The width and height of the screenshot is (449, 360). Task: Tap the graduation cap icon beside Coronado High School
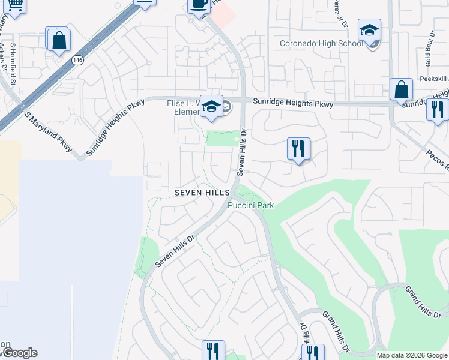coord(369,30)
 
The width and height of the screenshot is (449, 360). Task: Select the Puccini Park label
coord(250,205)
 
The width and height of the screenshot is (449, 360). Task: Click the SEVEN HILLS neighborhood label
coord(202,193)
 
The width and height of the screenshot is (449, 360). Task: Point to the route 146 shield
coord(77,60)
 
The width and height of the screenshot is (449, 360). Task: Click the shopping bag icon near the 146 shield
coord(58,41)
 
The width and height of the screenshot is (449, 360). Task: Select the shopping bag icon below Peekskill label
coord(400,91)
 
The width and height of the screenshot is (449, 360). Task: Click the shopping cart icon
coord(16,5)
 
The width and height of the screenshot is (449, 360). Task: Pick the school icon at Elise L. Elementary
coord(211,107)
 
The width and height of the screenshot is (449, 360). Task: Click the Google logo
coord(19,353)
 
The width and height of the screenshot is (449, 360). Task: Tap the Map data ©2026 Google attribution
coord(412,355)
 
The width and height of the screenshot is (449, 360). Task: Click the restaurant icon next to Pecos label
coord(437,110)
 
